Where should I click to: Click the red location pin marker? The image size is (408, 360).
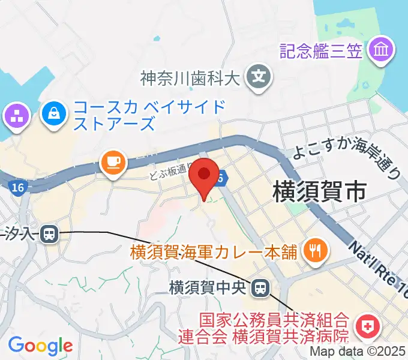[x=204, y=176]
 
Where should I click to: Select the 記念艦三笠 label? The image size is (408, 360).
[x=322, y=50]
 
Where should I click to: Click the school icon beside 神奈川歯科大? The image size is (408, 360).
[x=259, y=77]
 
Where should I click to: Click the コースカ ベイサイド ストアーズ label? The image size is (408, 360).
[x=149, y=116]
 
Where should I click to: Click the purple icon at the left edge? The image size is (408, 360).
[x=16, y=116]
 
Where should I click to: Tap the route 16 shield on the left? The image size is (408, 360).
[x=17, y=188]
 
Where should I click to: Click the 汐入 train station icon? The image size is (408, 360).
[x=49, y=233]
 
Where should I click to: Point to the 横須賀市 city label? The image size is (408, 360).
[x=319, y=193]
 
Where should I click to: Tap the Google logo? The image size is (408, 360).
[x=40, y=346]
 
